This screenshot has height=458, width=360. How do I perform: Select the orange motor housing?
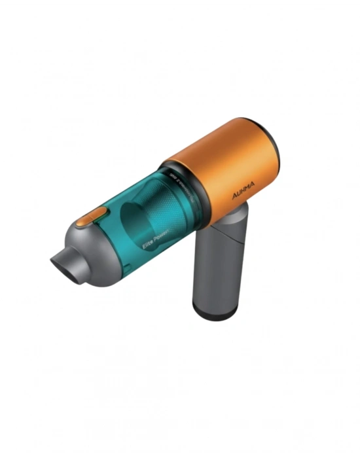tap(223, 164)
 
